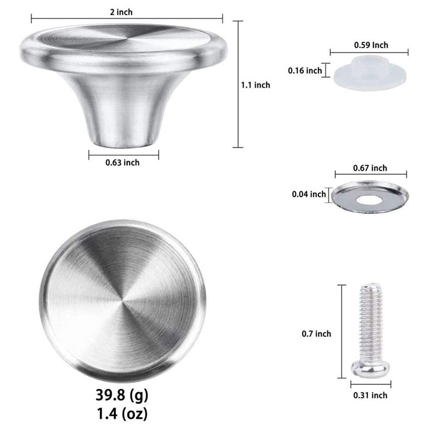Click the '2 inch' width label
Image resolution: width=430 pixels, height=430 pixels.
click(121, 12)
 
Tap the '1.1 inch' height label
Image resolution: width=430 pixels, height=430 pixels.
click(256, 85)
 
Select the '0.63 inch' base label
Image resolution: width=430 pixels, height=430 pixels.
click(122, 163)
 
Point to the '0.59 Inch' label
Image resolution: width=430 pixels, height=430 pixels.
click(371, 45)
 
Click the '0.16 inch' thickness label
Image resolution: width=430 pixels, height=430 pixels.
click(305, 70)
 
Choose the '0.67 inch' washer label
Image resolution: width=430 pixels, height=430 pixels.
click(370, 168)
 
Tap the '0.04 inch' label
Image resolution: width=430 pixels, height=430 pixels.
click(309, 194)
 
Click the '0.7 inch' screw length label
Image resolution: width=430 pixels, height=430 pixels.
click(317, 334)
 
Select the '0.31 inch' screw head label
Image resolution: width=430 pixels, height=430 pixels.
click(370, 396)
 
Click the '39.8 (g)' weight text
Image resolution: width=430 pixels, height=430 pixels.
click(122, 395)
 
